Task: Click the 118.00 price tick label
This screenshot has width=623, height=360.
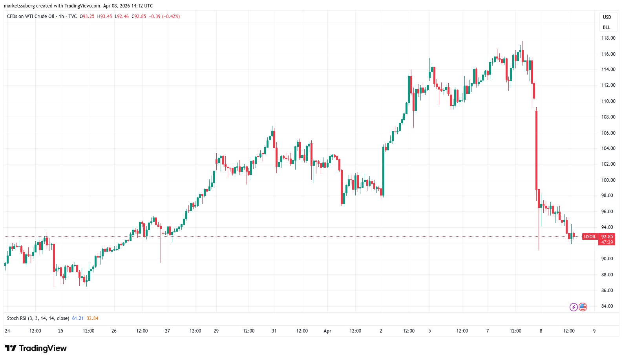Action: click(608, 38)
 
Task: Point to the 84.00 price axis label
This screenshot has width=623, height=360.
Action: click(607, 306)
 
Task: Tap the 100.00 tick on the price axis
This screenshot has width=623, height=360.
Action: click(608, 180)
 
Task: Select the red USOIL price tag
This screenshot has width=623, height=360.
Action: click(590, 237)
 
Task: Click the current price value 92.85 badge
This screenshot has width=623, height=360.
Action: click(607, 237)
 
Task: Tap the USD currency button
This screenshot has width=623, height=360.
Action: click(607, 17)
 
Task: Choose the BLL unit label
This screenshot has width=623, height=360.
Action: click(607, 27)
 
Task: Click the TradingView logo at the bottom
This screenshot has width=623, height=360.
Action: click(36, 348)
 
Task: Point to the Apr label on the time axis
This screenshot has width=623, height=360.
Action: click(327, 331)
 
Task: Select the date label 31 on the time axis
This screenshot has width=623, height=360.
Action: click(274, 331)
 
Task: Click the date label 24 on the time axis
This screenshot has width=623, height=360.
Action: click(7, 331)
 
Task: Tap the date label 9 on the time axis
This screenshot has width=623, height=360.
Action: click(594, 331)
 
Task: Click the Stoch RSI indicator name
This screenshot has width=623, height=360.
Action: click(38, 318)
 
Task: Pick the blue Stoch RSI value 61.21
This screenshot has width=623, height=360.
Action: click(78, 318)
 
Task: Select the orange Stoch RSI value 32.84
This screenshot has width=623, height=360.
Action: click(93, 318)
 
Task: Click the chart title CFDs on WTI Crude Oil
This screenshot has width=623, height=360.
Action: click(31, 16)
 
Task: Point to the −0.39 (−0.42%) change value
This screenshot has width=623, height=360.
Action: click(164, 16)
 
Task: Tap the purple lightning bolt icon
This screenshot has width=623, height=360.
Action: click(574, 307)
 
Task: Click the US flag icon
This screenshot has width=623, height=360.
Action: click(583, 307)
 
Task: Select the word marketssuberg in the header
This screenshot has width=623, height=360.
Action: click(19, 6)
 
